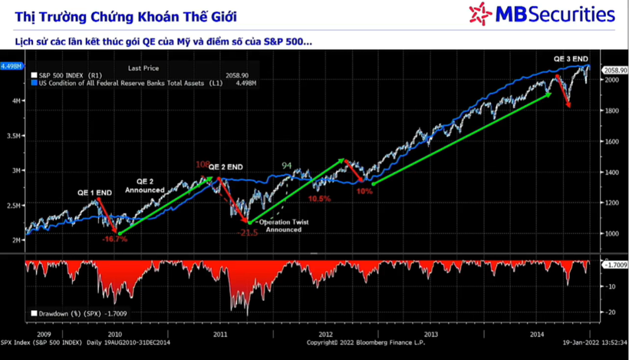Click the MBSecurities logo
pos(542,13)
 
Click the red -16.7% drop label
pos(114,239)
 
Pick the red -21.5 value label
pos(248,232)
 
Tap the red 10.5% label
pos(319,198)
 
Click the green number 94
pos(287,165)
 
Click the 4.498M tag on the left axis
pos(12,67)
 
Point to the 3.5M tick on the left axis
pos(14,136)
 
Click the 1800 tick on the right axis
pos(612,111)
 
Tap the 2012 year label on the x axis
pos(325,334)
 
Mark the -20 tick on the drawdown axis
pos(611,312)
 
